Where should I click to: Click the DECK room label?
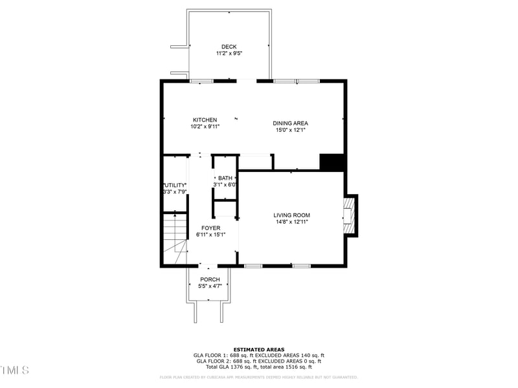coord(229,47)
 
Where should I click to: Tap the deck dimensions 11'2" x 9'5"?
coord(229,54)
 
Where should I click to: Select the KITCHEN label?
coord(205,120)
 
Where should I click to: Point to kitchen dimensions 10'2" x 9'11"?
coord(205,127)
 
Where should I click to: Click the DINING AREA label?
coord(290,123)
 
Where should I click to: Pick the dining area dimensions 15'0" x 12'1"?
coord(290,130)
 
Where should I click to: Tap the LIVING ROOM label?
coord(291,215)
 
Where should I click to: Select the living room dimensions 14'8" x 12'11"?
coord(291,222)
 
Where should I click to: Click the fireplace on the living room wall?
coord(350,216)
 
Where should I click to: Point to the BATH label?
coord(225,178)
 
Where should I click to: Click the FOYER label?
coord(210,228)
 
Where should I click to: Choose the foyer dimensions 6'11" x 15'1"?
coord(210,235)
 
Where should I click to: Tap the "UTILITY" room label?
coord(174,185)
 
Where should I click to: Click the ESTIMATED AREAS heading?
coord(258,349)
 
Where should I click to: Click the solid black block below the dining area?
coord(332,162)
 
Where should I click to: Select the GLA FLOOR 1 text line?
coord(258,355)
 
